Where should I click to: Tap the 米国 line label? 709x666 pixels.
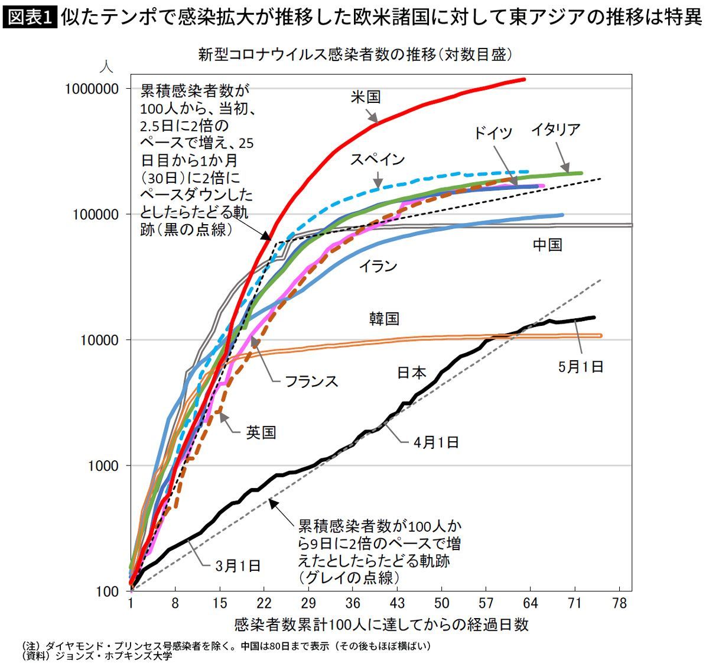point(365,97)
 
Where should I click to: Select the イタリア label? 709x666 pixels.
point(555,130)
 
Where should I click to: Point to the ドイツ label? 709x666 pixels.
point(493,133)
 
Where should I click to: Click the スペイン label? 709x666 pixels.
point(377,159)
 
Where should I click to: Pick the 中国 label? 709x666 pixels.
point(547,244)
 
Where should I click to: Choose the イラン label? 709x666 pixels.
point(378,266)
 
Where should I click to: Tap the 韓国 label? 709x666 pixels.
point(384,319)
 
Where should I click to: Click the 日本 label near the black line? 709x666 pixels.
point(411,372)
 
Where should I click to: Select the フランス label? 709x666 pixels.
point(311,380)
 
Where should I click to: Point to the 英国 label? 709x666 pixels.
point(261,432)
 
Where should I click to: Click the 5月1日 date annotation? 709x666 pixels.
point(581,367)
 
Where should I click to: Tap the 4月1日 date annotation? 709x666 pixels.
point(436,442)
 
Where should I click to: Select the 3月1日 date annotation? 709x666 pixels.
point(238,565)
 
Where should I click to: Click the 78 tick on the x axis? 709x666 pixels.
point(619,604)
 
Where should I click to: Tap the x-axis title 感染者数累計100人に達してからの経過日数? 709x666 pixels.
point(381,625)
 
